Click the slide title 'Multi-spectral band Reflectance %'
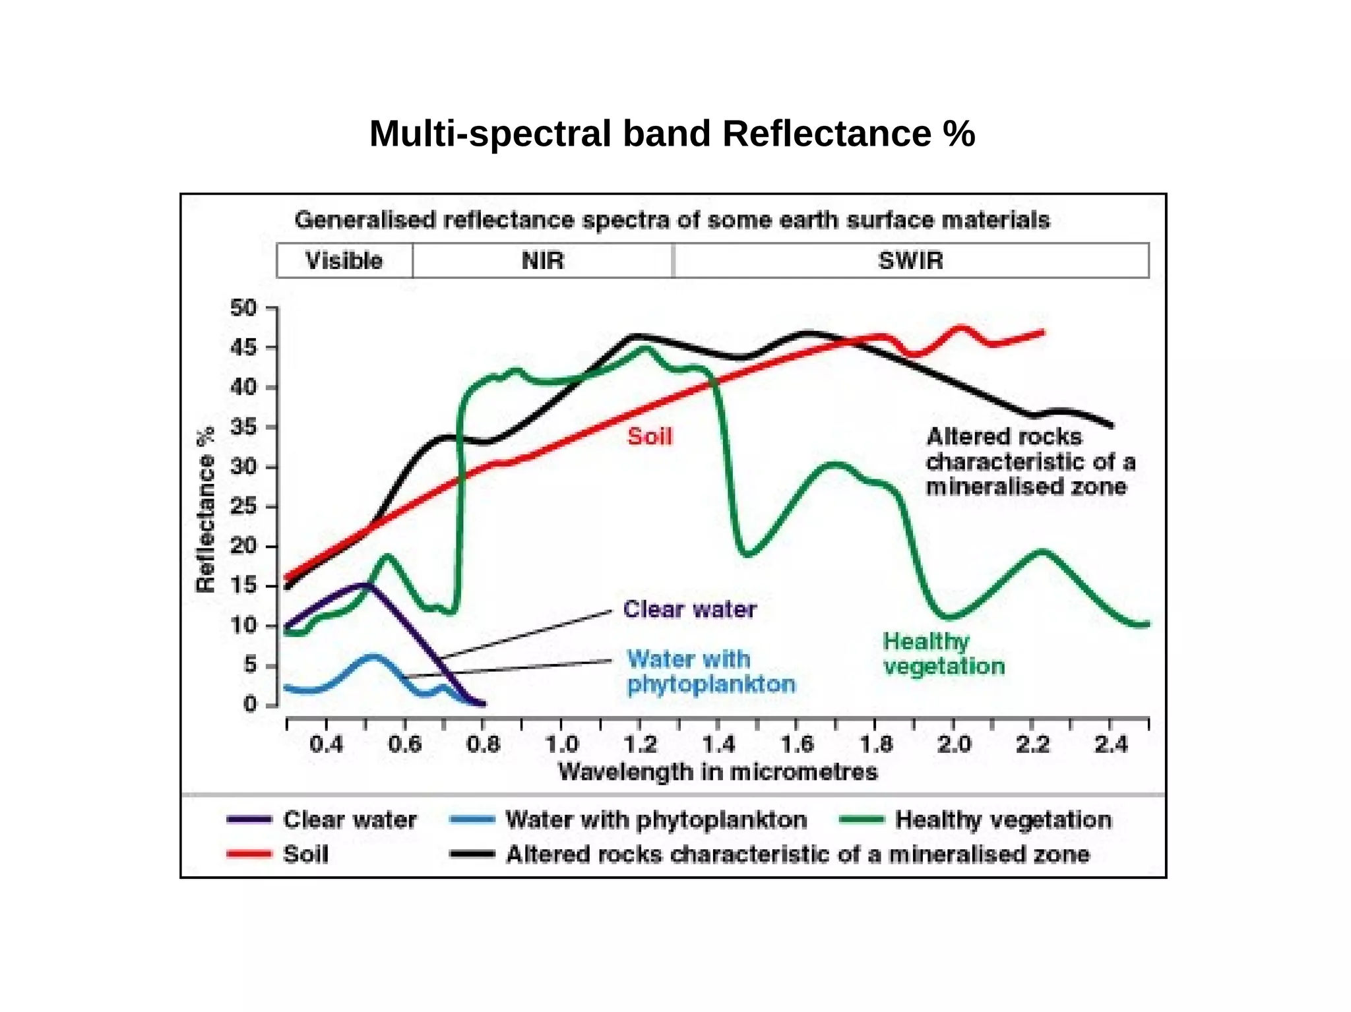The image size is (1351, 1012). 672,134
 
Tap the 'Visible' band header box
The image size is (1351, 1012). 344,260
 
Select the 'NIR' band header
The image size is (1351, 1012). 543,260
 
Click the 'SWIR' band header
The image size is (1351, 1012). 910,260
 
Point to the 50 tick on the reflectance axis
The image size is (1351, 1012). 243,308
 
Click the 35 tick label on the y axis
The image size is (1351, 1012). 243,427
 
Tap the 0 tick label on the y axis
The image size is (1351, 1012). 249,704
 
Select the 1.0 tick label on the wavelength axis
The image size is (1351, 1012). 561,744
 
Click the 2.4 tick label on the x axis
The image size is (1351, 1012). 1111,744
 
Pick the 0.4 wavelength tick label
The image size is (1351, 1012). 326,744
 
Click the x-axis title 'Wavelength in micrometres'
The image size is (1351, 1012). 718,771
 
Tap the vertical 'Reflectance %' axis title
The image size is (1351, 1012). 206,510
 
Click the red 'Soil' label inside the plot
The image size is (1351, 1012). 650,436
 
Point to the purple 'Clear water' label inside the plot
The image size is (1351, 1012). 689,609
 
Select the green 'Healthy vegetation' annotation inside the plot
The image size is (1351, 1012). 943,653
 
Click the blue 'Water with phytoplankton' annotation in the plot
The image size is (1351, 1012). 710,671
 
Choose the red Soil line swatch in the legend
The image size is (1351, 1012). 248,854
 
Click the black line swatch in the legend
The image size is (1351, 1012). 472,854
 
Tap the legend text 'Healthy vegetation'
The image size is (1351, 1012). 1003,819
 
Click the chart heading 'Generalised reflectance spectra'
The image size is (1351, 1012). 672,220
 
